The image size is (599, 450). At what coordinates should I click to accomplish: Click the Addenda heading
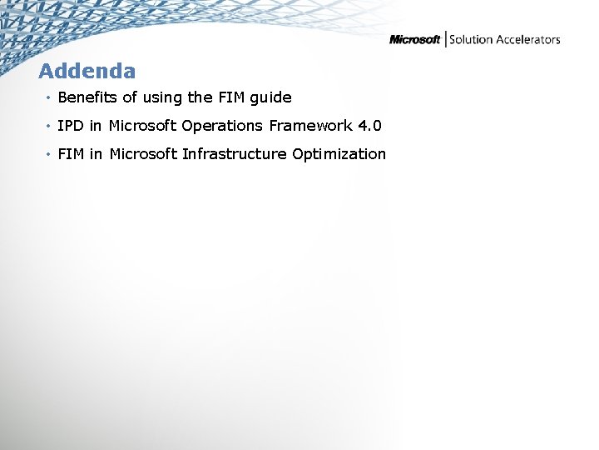pos(87,71)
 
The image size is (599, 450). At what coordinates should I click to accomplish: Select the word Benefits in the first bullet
pos(87,97)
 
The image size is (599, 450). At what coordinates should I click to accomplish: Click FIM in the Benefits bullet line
pos(228,97)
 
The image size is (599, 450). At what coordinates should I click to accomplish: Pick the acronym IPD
pos(71,126)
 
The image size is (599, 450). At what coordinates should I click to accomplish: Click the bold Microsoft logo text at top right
pos(415,40)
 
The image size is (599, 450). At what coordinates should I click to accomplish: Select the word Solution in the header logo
pos(472,40)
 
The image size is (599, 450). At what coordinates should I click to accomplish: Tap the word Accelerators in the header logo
pos(529,40)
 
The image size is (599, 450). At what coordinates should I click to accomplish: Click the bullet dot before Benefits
pos(50,98)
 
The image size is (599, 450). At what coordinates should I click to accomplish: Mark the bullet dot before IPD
pos(50,127)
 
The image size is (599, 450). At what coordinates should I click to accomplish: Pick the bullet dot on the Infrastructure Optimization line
pos(50,155)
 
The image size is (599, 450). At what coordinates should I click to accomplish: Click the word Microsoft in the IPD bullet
pos(142,126)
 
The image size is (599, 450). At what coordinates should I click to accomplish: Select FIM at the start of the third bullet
pos(71,154)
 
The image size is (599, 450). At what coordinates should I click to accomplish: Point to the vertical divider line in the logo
pos(445,39)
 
